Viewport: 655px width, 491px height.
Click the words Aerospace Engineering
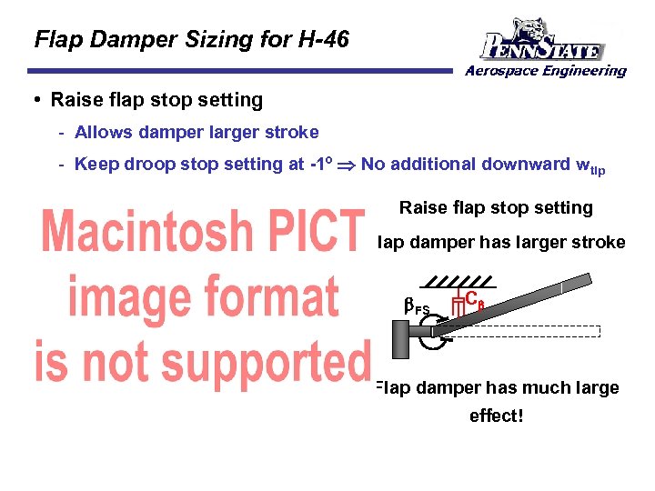(x=545, y=71)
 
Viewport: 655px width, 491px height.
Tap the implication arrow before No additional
(x=347, y=165)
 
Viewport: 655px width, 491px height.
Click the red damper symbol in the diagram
(x=458, y=306)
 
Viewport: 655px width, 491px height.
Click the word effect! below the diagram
(x=498, y=416)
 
